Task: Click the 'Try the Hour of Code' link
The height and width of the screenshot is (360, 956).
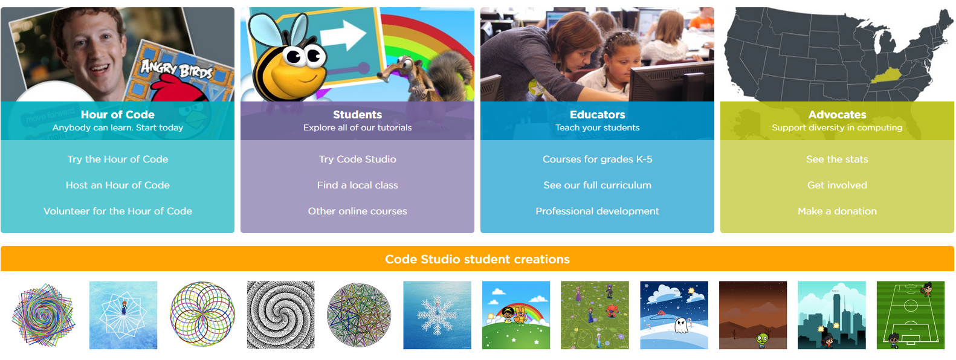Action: (x=118, y=159)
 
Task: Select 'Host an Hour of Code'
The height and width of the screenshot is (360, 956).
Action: (x=118, y=185)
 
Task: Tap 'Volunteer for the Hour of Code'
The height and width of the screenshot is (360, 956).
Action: (x=118, y=211)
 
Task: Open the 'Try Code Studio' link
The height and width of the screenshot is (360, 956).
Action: (x=358, y=159)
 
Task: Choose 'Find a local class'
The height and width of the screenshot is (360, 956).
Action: (x=358, y=185)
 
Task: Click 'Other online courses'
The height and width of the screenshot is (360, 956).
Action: (x=358, y=211)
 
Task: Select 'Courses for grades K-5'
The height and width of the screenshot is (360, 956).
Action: (x=598, y=159)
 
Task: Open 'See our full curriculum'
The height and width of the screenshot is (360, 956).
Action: (x=598, y=185)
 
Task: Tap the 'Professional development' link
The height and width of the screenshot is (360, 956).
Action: (x=598, y=211)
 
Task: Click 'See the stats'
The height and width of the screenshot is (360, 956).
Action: (x=838, y=159)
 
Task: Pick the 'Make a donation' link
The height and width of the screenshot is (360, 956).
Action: (x=838, y=211)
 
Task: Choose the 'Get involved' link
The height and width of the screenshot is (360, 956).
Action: (x=838, y=185)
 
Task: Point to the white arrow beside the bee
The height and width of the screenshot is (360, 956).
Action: (x=344, y=36)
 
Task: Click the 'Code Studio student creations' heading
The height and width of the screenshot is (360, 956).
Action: (x=477, y=259)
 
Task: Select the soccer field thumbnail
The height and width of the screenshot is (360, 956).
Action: (x=911, y=315)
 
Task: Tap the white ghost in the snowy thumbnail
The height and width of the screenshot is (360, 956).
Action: (x=681, y=326)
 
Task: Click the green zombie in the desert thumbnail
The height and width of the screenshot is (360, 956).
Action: (x=762, y=339)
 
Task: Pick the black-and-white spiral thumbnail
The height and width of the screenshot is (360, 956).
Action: (x=281, y=315)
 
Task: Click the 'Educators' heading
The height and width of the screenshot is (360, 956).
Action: (x=598, y=114)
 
